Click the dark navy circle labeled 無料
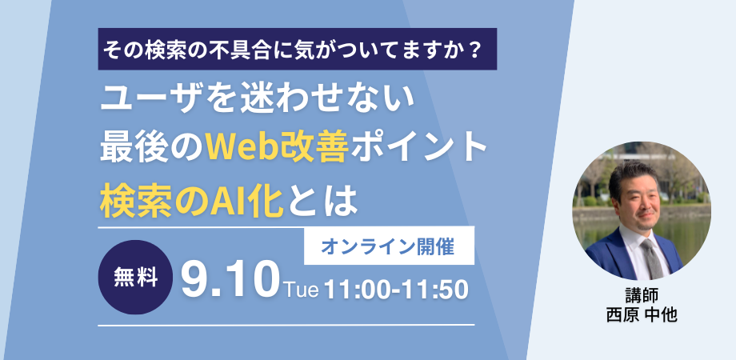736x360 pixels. tap(135, 278)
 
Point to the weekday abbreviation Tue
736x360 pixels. tap(301, 290)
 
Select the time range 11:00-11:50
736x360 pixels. tap(396, 290)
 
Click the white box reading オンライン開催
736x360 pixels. tap(389, 246)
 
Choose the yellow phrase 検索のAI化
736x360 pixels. tap(191, 202)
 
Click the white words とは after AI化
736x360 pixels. tap(319, 202)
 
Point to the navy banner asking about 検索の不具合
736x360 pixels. tap(298, 49)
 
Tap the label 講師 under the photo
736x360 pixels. tap(642, 296)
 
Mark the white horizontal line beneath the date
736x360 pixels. tap(286, 325)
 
